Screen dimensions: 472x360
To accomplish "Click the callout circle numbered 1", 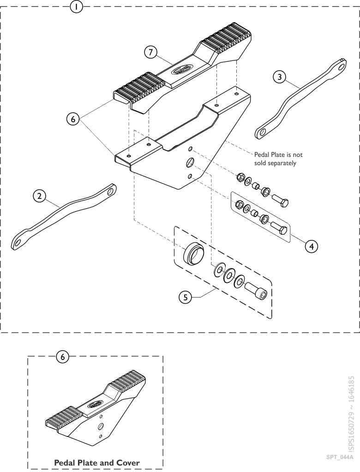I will coord(77,7).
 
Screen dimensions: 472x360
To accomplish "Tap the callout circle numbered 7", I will coord(149,52).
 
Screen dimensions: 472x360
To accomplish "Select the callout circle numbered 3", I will coord(278,77).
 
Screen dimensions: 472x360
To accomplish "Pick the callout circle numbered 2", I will coord(40,196).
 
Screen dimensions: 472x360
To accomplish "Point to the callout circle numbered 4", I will coord(312,246).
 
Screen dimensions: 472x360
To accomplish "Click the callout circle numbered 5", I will coord(185,297).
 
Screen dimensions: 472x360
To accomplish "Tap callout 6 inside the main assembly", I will coord(72,119).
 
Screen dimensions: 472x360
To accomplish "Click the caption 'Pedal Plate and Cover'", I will coord(97,462).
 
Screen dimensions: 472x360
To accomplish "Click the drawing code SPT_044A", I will coord(340,457).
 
